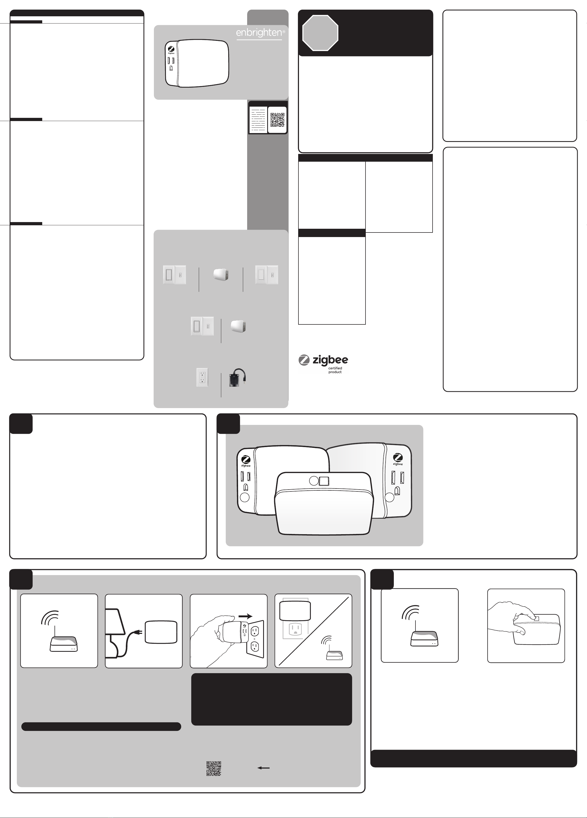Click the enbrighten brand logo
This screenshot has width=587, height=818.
tap(260, 33)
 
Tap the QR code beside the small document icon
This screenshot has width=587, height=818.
tap(278, 120)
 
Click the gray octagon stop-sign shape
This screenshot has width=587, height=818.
tap(320, 33)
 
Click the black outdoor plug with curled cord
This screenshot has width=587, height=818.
tap(237, 378)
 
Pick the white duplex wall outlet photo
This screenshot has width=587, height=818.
tap(202, 377)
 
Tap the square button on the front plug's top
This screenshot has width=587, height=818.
tap(324, 481)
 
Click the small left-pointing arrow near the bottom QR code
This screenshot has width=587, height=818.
tap(263, 768)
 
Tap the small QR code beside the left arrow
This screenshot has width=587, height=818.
tap(213, 768)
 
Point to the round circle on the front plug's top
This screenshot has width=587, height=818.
tap(314, 481)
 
